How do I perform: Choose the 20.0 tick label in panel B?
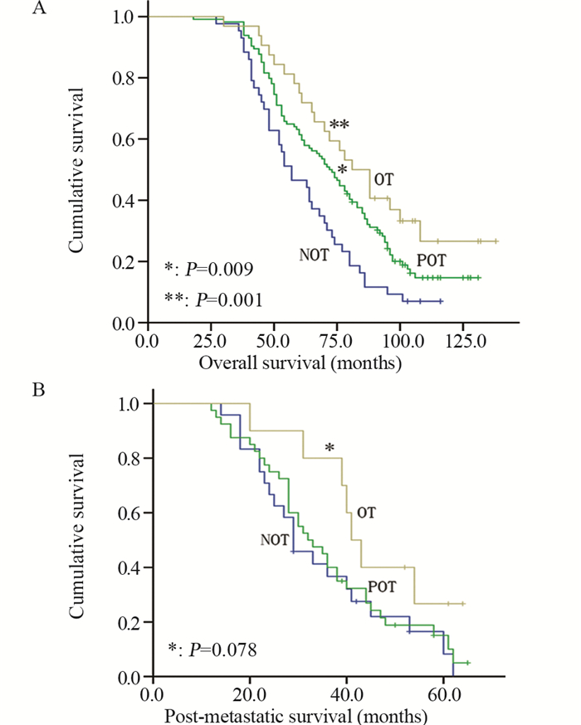250,693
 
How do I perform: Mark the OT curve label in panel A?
383,179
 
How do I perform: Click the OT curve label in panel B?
366,512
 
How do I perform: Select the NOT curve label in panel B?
275,540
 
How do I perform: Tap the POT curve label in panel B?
382,586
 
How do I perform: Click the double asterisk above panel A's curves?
339,125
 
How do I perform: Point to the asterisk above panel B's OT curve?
330,449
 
